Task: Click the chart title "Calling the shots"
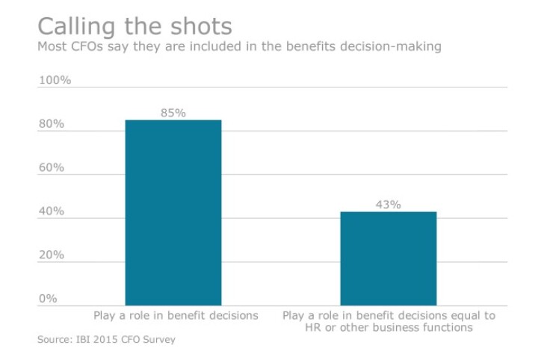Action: coord(135,26)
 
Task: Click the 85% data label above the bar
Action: coord(173,113)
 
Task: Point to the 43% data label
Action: coord(388,204)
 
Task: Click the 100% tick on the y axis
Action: coord(54,80)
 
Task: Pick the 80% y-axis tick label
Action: coord(52,124)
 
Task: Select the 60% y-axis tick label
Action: coord(52,167)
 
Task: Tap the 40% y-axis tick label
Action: coord(52,211)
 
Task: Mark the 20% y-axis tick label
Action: coord(52,255)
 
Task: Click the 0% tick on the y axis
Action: coord(48,299)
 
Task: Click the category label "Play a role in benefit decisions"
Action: coord(175,316)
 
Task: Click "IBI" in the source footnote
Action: coord(86,340)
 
